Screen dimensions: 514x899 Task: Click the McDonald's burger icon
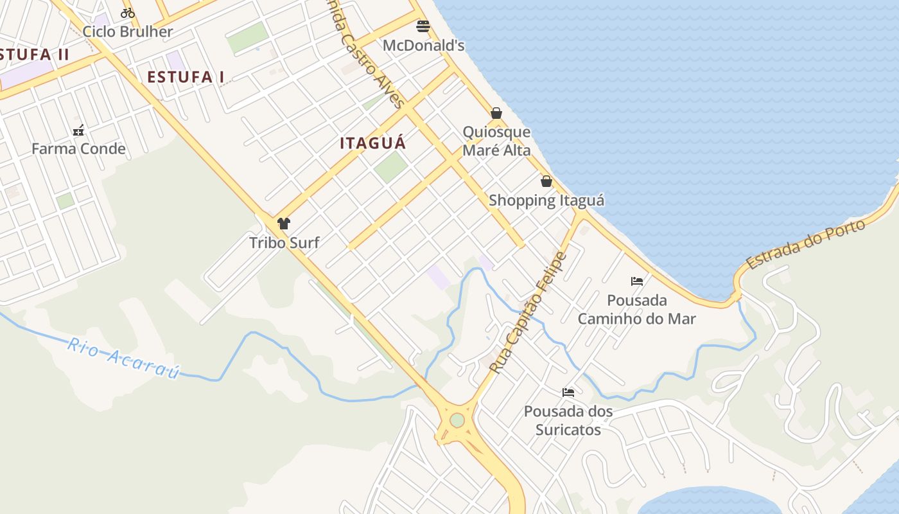(x=423, y=26)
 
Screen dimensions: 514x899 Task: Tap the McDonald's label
(x=423, y=46)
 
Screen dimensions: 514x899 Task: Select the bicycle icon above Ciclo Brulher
(x=128, y=13)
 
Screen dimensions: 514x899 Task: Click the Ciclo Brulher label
(x=128, y=31)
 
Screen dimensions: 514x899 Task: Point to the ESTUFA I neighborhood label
(x=186, y=77)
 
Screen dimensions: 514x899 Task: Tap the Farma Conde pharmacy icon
(x=78, y=130)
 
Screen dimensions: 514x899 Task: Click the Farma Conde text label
(x=78, y=149)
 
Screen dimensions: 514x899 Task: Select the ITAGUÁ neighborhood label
(x=373, y=143)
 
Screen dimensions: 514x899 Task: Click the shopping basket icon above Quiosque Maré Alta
(x=496, y=113)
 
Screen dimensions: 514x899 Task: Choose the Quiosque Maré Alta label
(x=497, y=141)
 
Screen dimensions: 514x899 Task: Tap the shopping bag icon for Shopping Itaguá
(x=546, y=181)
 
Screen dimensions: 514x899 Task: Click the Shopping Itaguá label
(x=546, y=200)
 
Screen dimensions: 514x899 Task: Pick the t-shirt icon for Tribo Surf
(x=284, y=224)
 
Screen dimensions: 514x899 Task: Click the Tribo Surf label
(x=284, y=243)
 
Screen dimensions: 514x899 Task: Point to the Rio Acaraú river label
(x=123, y=359)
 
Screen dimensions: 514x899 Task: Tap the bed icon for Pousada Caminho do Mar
(x=637, y=281)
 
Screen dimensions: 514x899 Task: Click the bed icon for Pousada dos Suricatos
(x=568, y=392)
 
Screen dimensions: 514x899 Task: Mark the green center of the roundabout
(x=457, y=420)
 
